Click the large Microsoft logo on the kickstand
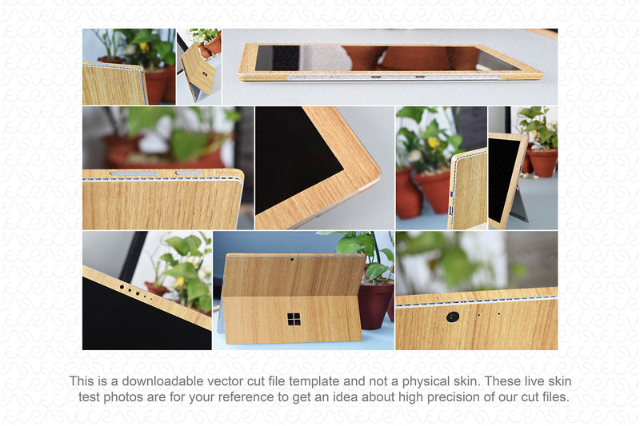click(294, 319)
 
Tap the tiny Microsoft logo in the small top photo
click(205, 74)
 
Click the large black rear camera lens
click(453, 317)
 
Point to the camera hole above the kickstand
click(292, 259)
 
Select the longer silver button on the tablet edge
click(134, 173)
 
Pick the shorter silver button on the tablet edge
click(189, 173)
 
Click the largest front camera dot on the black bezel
click(122, 287)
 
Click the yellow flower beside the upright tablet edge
click(434, 143)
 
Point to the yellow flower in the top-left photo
click(144, 47)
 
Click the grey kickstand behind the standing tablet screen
click(518, 205)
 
